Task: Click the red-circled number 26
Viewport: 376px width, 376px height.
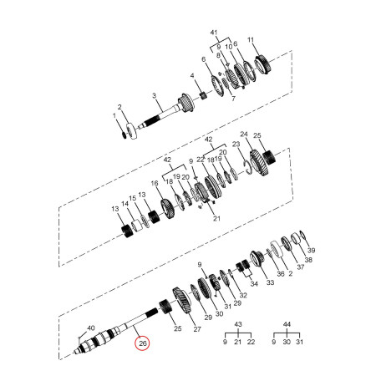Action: coord(142,343)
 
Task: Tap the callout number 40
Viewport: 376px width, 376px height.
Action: coord(91,328)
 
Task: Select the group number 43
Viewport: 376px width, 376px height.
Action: coord(238,324)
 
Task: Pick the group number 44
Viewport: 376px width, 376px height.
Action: coord(287,324)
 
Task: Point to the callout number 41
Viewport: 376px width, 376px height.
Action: coord(214,33)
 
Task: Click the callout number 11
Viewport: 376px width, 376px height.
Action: coord(251,40)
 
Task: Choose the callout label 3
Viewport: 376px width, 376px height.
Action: coord(155,96)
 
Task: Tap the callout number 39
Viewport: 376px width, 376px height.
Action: coord(311,250)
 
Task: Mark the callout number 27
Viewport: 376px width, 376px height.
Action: coord(197,329)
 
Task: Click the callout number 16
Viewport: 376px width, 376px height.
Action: coord(155,183)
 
